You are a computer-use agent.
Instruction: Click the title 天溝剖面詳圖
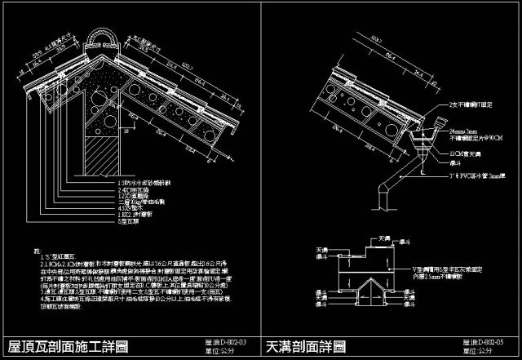point(306,346)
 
